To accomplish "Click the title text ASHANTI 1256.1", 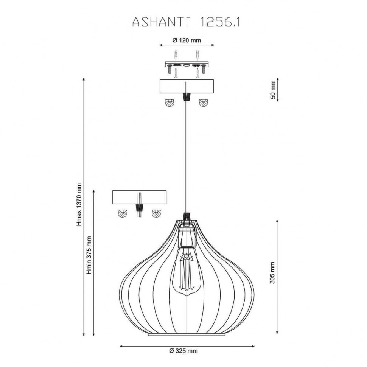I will pos(186,22).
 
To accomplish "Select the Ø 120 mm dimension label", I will pos(186,40).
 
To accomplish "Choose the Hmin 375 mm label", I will pos(89,256).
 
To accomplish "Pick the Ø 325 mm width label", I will pos(183,351).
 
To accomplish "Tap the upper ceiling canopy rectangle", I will pos(186,87).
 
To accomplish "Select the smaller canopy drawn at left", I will pos(140,197).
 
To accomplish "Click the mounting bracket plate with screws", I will pos(186,65).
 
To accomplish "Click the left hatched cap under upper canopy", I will pos(169,103).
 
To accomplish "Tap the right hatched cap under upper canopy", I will pos(204,103).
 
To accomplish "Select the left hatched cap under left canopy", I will pos(122,213).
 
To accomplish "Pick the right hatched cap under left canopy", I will pos(156,213).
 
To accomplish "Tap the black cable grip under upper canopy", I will pos(186,97).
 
